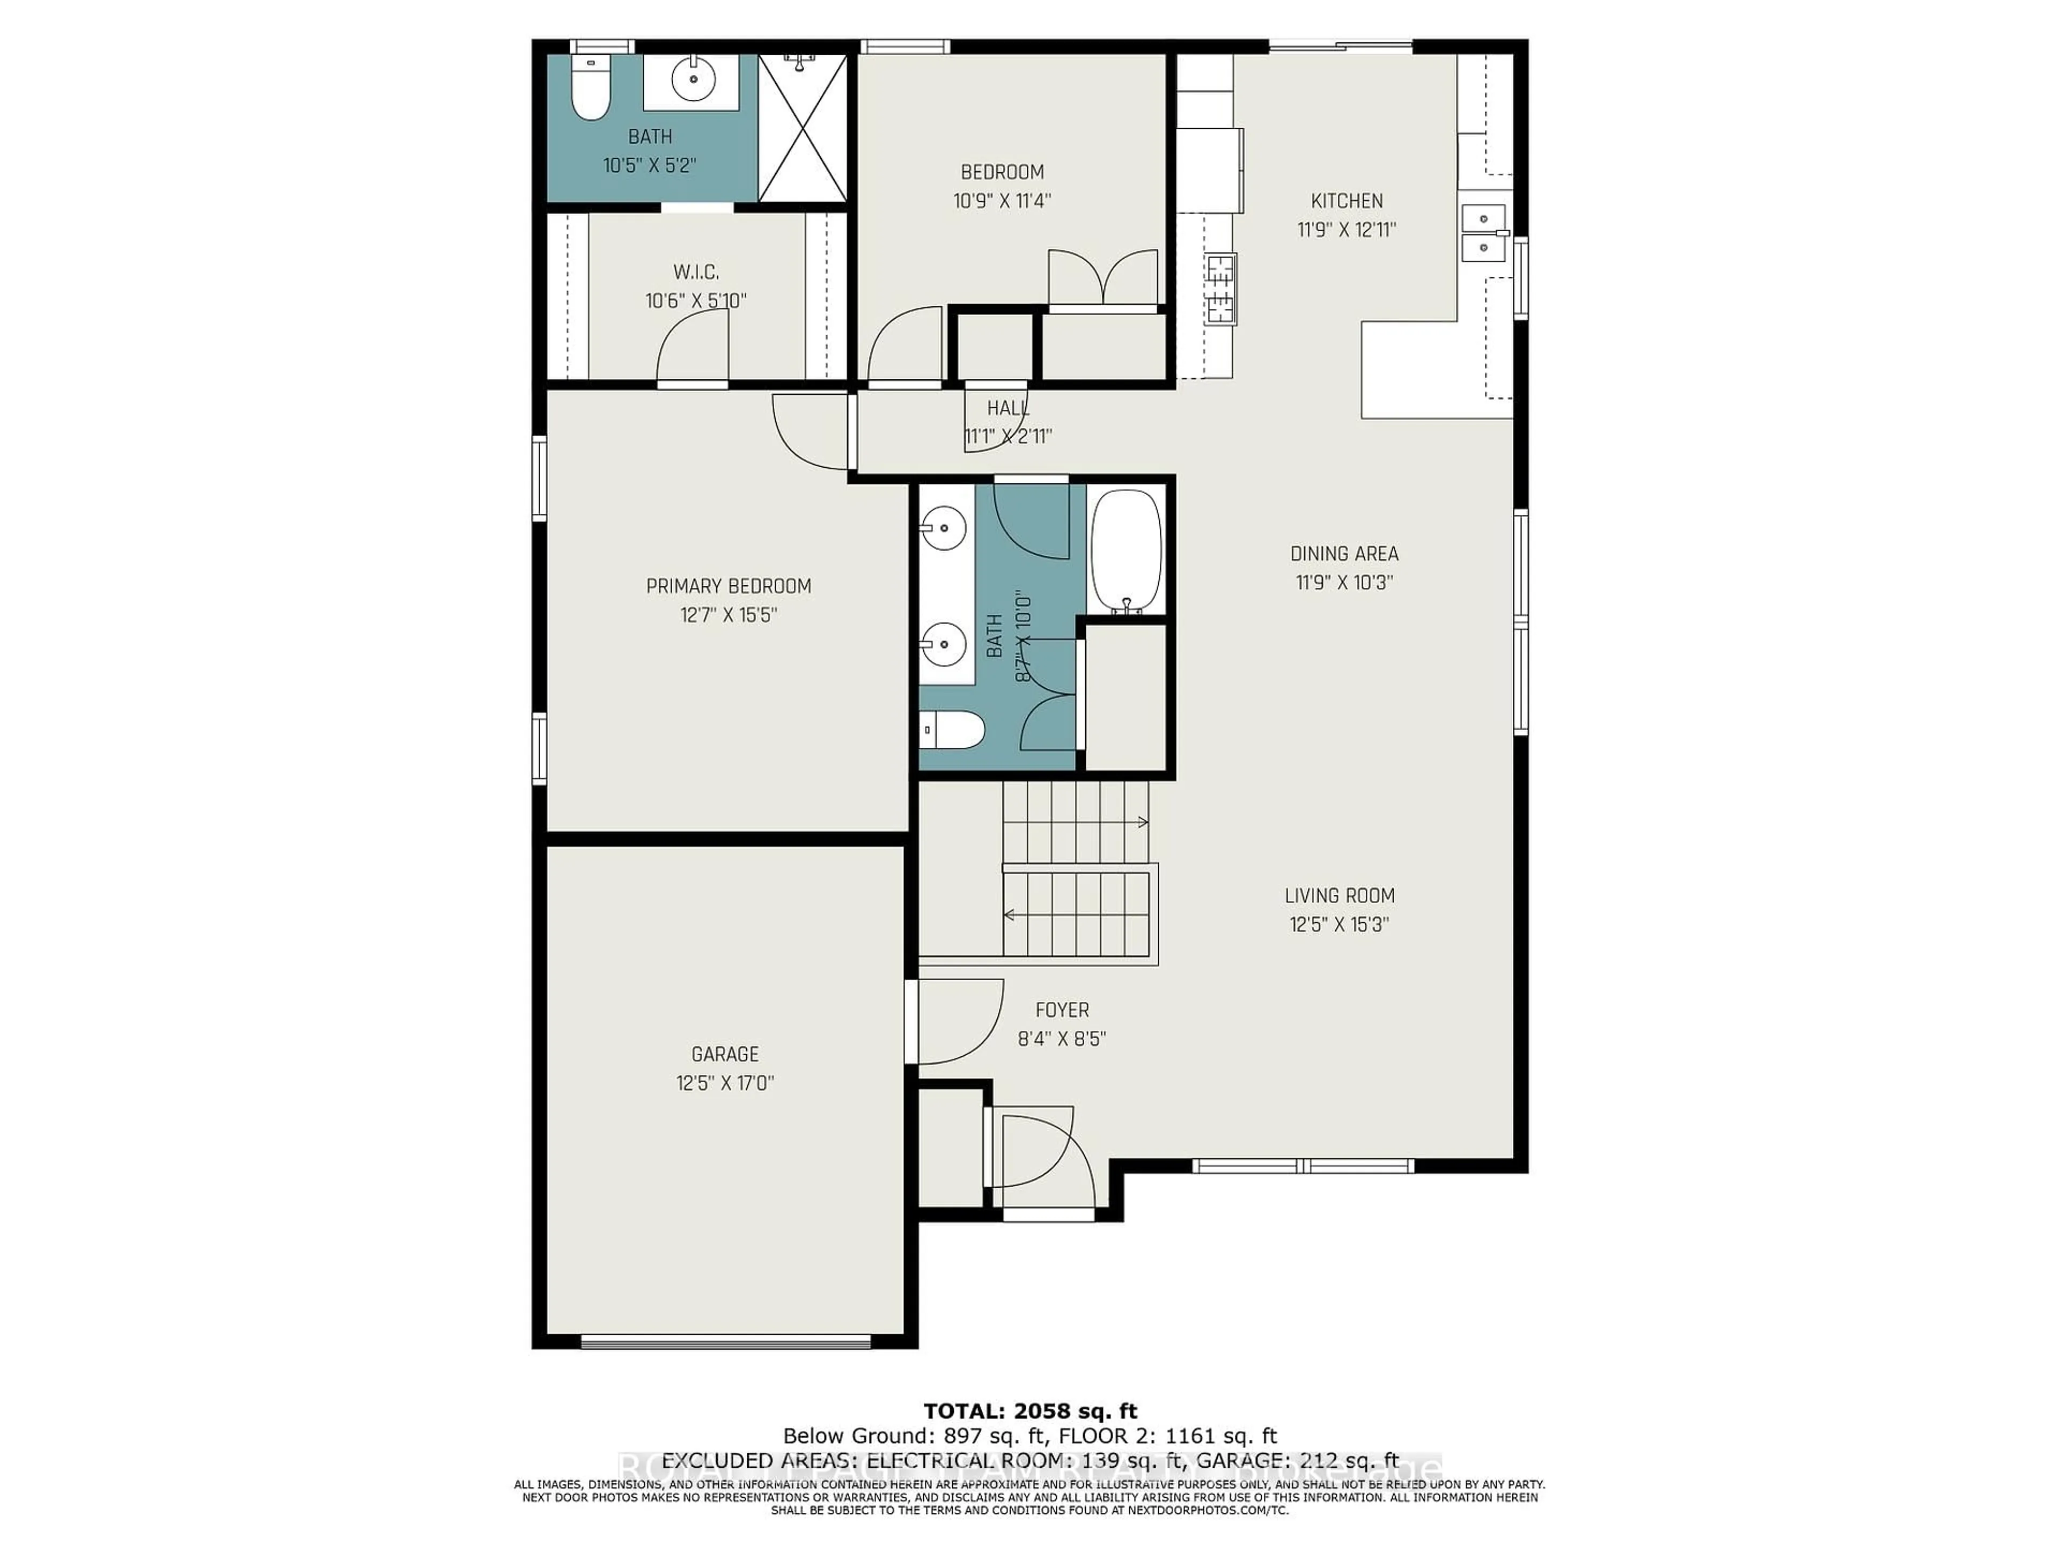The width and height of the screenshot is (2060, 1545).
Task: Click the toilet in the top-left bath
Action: pos(590,90)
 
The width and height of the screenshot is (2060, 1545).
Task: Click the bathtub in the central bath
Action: pos(1126,551)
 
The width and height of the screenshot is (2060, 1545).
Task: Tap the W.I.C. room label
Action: pos(696,272)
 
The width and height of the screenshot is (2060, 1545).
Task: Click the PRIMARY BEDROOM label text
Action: pos(729,586)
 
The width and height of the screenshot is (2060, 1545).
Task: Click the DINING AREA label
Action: pos(1344,553)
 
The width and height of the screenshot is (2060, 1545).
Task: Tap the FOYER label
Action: pos(1062,1010)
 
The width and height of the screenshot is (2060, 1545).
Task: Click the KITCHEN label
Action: pos(1347,200)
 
